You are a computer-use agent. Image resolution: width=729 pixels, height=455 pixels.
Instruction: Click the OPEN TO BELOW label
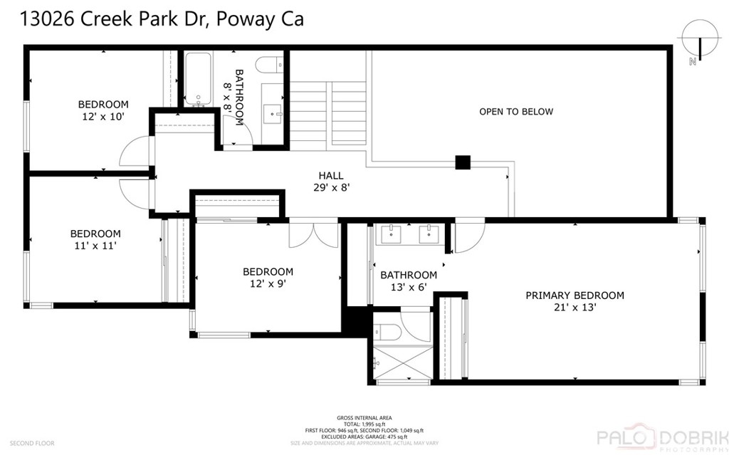point(515,112)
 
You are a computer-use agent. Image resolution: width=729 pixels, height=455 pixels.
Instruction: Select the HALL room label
point(330,176)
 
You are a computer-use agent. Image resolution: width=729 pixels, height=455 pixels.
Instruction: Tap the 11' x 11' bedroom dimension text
point(95,246)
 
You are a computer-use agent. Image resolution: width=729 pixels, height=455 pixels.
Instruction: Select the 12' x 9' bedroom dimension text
point(268,283)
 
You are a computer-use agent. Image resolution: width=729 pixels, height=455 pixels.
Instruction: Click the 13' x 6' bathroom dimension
point(408,287)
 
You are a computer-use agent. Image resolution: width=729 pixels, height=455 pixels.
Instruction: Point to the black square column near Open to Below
point(463,162)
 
